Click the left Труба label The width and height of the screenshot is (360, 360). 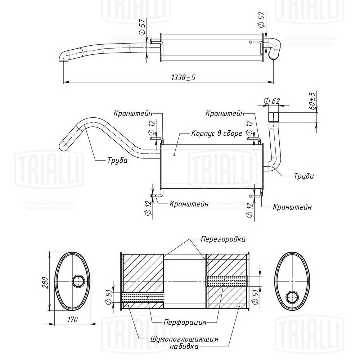tap(117, 161)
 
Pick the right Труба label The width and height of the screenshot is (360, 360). tap(303, 176)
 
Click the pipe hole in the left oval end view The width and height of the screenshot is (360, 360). tap(78, 281)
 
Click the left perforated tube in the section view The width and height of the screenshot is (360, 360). tap(143, 297)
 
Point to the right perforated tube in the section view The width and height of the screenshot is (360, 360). tap(227, 281)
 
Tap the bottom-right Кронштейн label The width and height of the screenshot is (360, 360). tap(292, 207)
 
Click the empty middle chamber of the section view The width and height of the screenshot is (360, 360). tap(185, 281)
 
